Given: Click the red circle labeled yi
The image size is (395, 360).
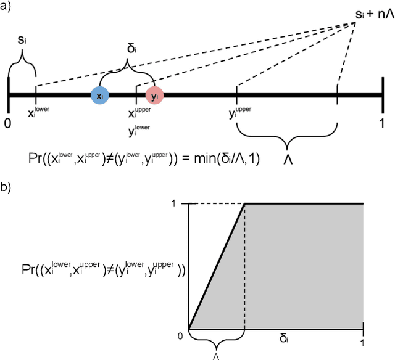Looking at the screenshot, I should tap(154, 96).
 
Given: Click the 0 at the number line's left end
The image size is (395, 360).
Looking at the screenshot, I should tap(7, 123).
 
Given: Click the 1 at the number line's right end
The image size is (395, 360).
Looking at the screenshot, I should tap(382, 123).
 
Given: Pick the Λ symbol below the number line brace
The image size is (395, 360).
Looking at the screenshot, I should tap(288, 158).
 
